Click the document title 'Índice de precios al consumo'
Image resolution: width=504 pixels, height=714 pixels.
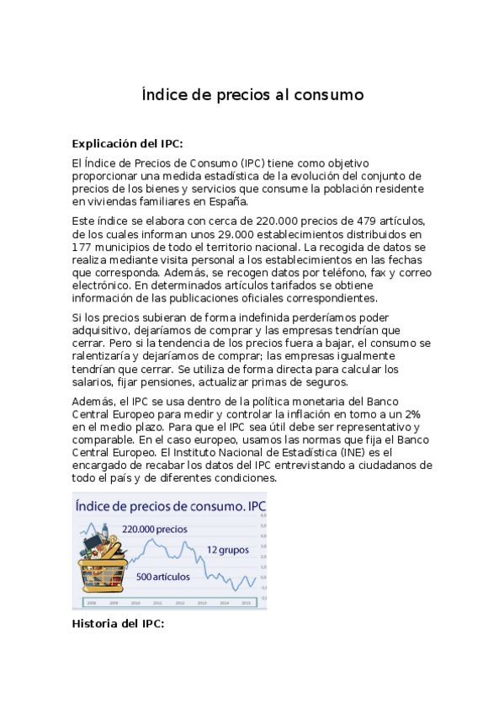(x=252, y=95)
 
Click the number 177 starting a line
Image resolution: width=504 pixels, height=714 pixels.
(x=82, y=247)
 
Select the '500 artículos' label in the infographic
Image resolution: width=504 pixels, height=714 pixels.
(x=162, y=577)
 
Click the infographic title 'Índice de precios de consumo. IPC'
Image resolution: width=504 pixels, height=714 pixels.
(x=169, y=506)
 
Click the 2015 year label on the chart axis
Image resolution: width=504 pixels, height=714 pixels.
(x=246, y=603)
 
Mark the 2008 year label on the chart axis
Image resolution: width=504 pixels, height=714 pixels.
(x=91, y=603)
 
